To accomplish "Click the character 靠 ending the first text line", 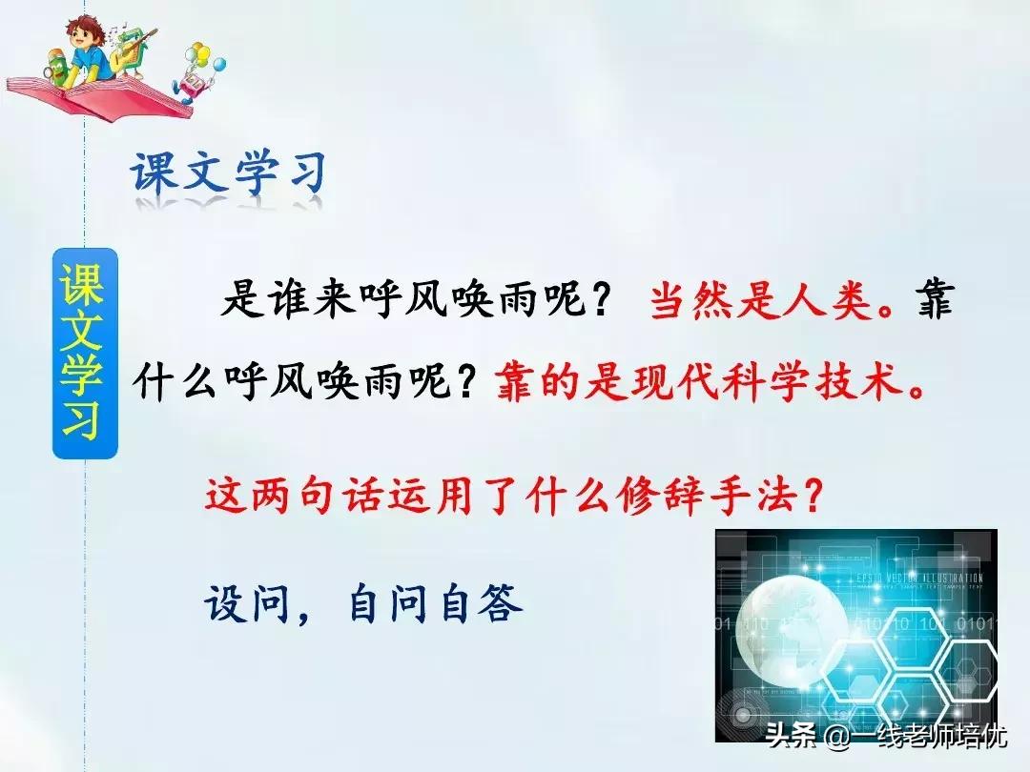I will (x=930, y=304).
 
